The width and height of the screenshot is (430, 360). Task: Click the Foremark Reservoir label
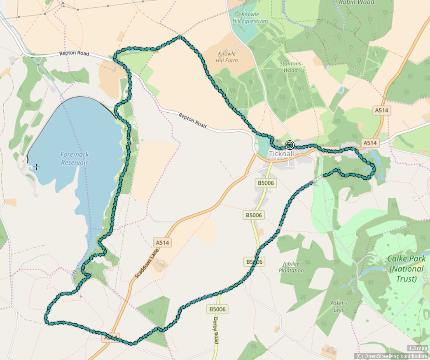pos(75,158)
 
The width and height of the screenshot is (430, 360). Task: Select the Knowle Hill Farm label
pos(227,57)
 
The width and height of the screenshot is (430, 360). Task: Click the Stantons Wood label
pos(290,67)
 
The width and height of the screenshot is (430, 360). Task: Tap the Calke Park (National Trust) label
pos(406,269)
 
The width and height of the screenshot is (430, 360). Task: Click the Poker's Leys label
pos(339,307)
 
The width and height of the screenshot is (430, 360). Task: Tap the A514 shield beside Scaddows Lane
pos(162,242)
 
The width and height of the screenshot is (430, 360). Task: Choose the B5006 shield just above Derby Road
pos(218,309)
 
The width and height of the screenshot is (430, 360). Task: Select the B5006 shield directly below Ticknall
pos(266,183)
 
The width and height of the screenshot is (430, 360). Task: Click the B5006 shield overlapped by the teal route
pos(255,262)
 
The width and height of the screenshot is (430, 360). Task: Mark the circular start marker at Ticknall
pos(290,144)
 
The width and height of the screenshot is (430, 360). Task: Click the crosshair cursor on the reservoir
pos(37,167)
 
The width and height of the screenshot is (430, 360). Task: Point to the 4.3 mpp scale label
pos(418,348)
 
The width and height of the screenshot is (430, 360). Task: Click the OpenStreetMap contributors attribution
pos(392,356)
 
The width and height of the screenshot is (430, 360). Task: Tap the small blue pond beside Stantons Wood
pos(341,89)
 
